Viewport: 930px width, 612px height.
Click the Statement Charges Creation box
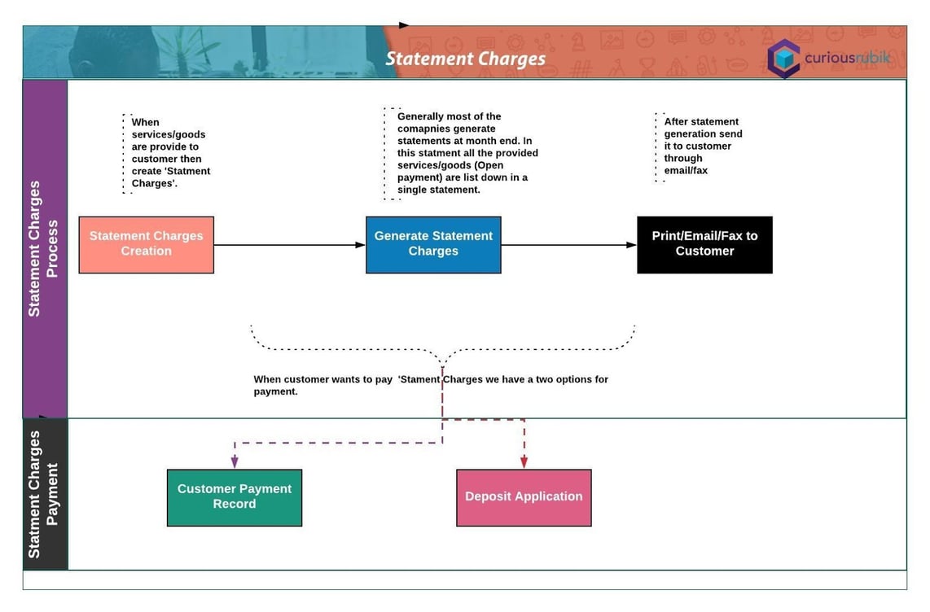147,244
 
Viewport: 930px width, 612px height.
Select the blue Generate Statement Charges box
433,244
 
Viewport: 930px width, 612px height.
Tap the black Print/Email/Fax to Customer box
704,244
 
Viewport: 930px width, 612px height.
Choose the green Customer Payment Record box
235,497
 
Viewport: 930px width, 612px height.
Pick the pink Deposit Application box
524,497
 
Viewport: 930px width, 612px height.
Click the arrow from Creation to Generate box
289,245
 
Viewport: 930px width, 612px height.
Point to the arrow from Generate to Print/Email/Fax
568,245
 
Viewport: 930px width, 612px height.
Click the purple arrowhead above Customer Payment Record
235,461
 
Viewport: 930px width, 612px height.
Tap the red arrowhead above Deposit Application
524,461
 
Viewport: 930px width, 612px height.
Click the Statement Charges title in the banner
465,59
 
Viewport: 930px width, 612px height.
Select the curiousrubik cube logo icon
783,58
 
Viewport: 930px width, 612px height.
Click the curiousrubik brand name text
847,58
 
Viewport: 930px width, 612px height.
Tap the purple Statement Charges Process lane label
44,248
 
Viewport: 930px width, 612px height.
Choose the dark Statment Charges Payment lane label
44,494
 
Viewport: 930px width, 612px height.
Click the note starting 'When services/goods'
170,153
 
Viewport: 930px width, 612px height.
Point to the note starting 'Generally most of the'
467,153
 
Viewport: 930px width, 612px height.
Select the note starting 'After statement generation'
703,146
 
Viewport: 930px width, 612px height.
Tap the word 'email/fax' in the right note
686,171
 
